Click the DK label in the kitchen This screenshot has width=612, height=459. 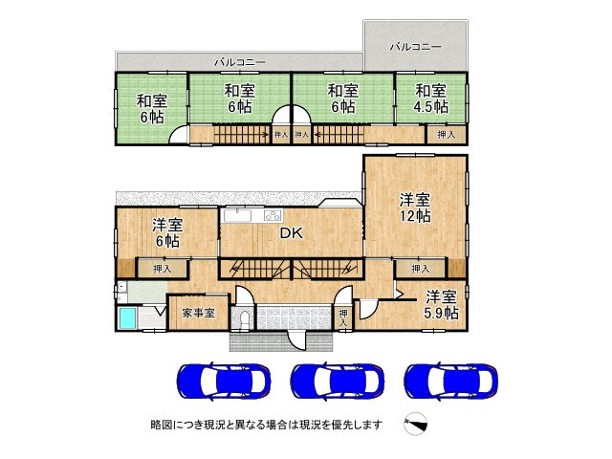292,232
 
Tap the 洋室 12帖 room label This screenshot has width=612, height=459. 414,208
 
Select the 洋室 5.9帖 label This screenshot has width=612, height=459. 441,304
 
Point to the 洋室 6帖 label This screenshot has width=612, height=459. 167,233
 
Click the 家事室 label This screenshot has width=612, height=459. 197,313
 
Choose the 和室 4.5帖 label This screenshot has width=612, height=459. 431,99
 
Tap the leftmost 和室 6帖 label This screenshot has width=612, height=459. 150,108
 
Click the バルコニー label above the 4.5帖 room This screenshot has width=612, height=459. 415,46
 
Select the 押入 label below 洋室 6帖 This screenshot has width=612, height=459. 163,269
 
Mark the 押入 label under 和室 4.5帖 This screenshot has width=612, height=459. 447,135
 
